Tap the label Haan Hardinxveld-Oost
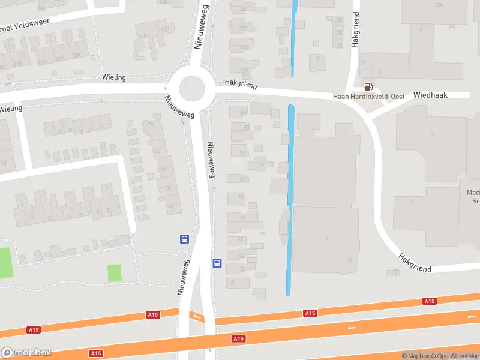[x=369, y=97]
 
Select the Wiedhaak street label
[x=426, y=95]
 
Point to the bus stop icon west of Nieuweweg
[x=184, y=238]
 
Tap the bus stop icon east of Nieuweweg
[x=217, y=263]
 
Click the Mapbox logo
[x=26, y=352]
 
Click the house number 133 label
[x=164, y=29]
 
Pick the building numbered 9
[x=327, y=238]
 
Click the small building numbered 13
[x=395, y=272]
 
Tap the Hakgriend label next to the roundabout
[x=240, y=83]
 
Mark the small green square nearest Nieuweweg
[x=114, y=273]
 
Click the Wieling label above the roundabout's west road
[x=113, y=77]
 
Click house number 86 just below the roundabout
[x=243, y=113]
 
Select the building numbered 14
[x=411, y=201]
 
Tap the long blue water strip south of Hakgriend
[x=290, y=198]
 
